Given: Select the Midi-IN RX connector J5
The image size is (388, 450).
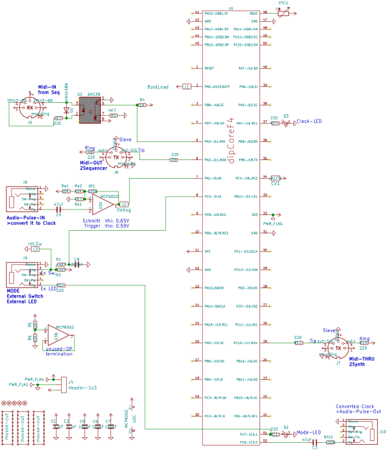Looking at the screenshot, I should coord(30,108).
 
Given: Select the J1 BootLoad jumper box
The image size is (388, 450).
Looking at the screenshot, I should coord(186,86).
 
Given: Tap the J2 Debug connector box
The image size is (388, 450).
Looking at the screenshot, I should coord(125,204).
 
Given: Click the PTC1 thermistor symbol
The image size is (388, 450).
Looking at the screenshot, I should coord(283,12).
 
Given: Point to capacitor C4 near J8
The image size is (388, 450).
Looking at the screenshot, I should coord(58,209).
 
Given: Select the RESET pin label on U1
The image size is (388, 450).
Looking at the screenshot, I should coord(209,67).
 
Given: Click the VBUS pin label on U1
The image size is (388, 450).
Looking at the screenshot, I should coord(253,12).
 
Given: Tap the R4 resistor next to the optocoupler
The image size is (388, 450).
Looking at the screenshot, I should coord(142,105).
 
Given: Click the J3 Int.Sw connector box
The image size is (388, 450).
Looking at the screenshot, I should coord(35,249).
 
